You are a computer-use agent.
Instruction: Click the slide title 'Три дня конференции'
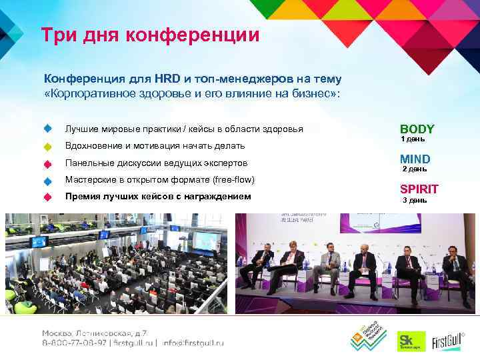coord(149,34)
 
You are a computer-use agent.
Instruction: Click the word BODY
coord(417,129)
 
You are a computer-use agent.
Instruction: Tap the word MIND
coord(415,159)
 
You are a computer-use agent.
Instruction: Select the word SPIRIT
coord(419,189)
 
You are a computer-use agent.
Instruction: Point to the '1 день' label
coord(412,139)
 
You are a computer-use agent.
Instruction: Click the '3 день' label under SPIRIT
coord(414,200)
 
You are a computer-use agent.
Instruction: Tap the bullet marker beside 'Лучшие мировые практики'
coord(47,128)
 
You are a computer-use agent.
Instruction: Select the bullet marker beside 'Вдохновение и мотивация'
coord(47,146)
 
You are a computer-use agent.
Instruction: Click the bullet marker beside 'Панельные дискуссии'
coord(47,163)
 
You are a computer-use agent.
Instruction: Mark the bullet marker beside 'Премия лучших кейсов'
coord(47,197)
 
